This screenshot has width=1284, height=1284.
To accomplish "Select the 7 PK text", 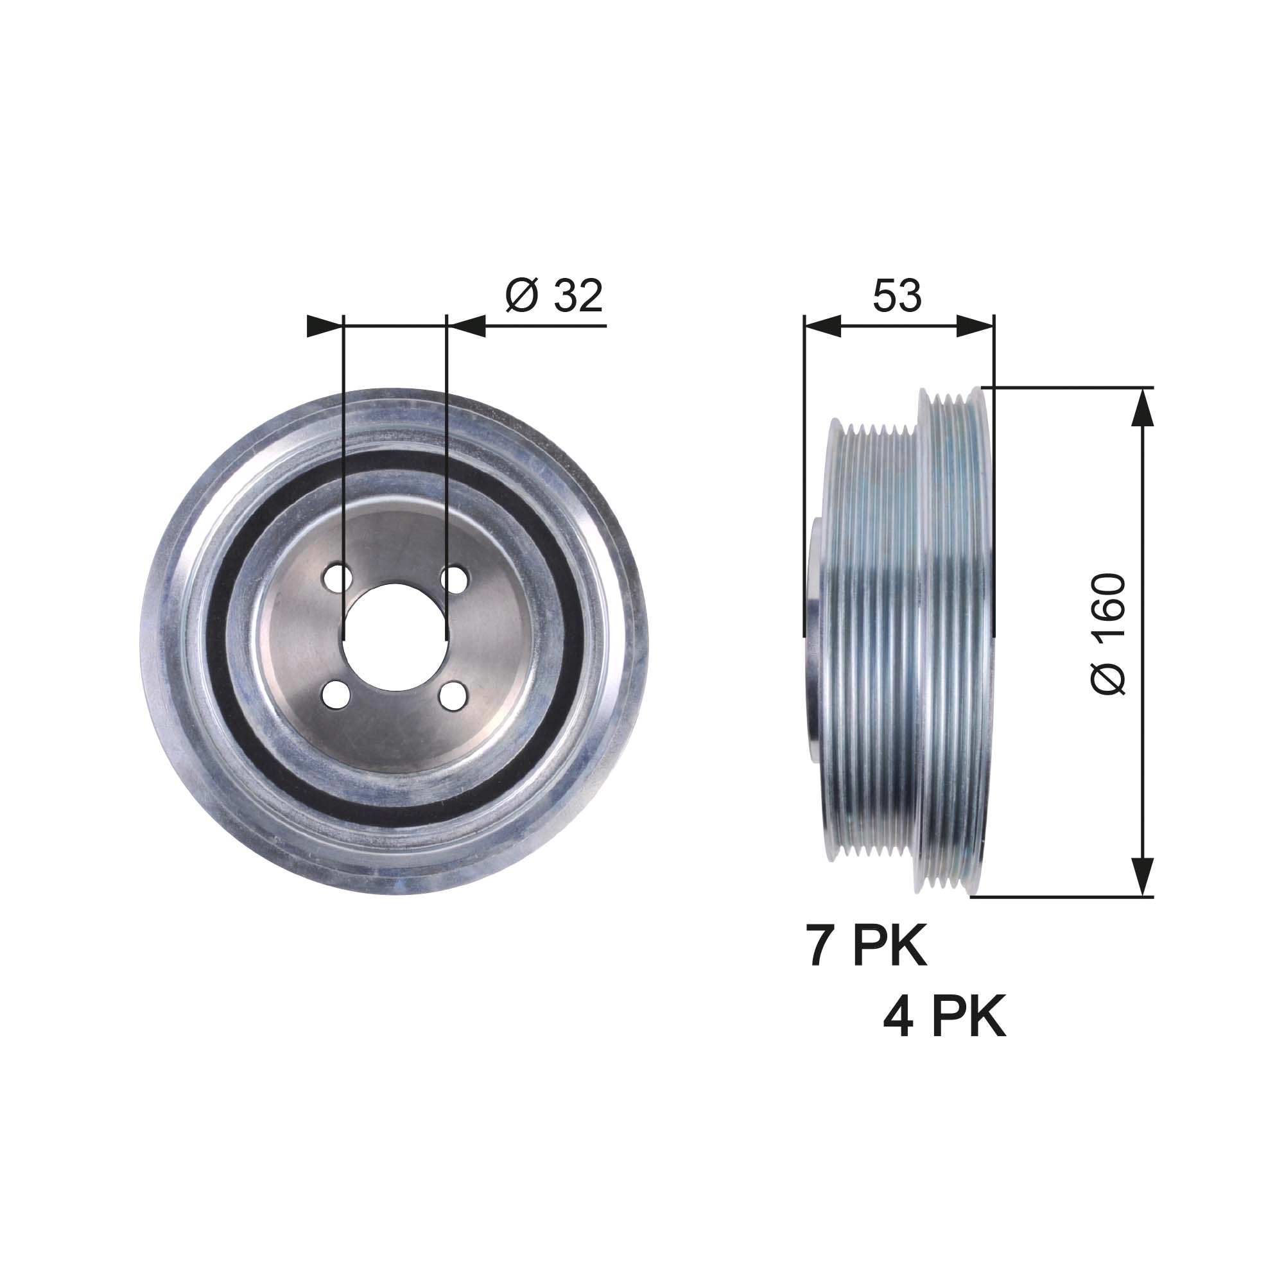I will [866, 946].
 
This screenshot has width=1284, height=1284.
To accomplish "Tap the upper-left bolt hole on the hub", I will [337, 578].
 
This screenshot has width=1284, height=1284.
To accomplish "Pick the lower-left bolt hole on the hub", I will [336, 695].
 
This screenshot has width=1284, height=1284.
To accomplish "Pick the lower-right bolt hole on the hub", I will [453, 695].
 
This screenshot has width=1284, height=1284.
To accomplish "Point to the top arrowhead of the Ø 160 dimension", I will [1141, 407].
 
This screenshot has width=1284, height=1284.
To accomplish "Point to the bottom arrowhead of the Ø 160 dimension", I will [1141, 876].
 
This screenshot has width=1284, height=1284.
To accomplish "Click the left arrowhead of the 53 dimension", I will [823, 325].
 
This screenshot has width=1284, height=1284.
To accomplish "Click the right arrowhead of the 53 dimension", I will [976, 325].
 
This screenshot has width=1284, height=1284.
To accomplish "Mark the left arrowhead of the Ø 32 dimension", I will [324, 325].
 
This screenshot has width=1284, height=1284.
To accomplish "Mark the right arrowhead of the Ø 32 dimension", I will [465, 325].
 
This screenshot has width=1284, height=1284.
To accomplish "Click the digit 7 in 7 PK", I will [819, 946].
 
